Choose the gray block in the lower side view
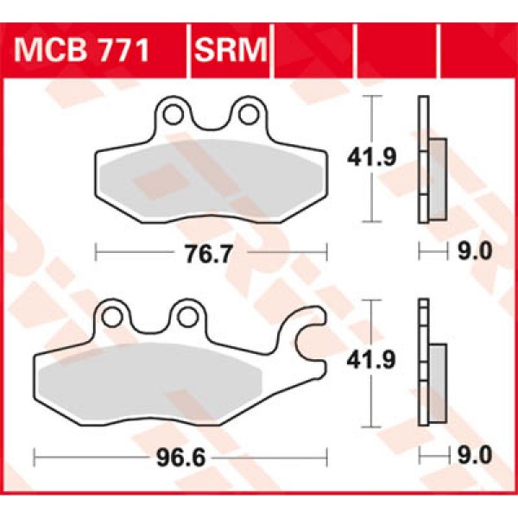(x=436, y=380)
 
